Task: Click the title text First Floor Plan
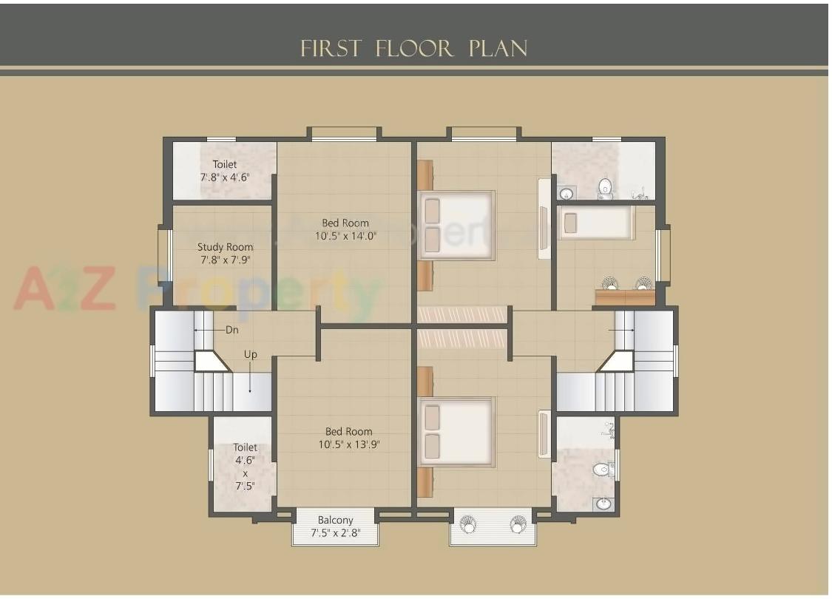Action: [x=414, y=49]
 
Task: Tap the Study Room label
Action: [x=225, y=247]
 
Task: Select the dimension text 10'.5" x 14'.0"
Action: [x=345, y=237]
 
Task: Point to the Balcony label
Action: [x=335, y=520]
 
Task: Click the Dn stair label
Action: [x=232, y=330]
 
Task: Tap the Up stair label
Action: [x=251, y=355]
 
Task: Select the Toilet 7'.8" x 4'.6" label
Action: [x=225, y=171]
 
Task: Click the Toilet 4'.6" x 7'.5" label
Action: [x=245, y=467]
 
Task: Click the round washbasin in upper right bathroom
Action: [x=566, y=194]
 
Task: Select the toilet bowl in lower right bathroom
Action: [x=602, y=469]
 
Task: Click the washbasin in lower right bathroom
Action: [x=603, y=504]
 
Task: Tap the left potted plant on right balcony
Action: [x=467, y=524]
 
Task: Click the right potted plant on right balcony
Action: [x=518, y=524]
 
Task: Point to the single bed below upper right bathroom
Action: [x=596, y=223]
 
